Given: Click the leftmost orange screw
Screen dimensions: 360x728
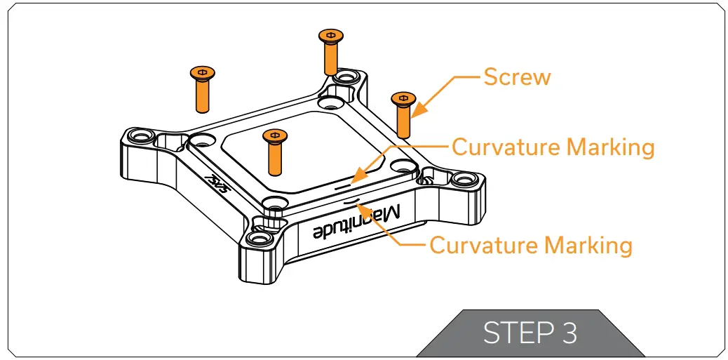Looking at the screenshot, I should (202, 88).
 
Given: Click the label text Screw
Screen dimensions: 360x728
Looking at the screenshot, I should (517, 76).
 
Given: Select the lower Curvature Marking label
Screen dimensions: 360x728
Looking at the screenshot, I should (530, 246).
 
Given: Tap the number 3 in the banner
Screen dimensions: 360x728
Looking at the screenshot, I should (569, 333).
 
